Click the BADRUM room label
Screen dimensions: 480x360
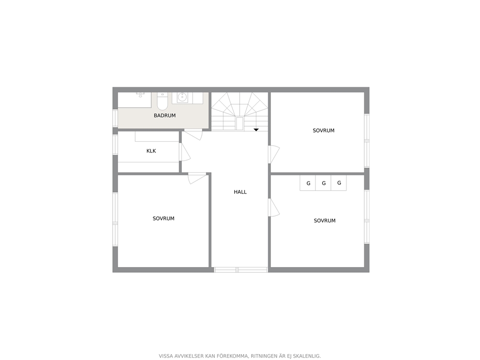pos(165,116)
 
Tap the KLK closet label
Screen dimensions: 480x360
pos(151,151)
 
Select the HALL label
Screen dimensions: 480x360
pos(240,192)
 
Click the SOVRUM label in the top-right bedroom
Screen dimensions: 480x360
pos(324,131)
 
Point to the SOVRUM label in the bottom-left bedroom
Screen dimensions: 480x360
pos(164,219)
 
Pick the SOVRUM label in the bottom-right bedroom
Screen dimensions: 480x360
pos(325,221)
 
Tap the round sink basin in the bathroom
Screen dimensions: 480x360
pos(182,98)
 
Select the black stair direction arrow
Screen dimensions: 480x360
pos(256,130)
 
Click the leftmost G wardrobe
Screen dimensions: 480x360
pos(308,183)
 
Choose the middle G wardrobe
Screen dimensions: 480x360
pos(323,183)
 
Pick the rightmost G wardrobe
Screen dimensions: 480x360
pos(339,183)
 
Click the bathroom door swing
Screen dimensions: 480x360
pos(193,135)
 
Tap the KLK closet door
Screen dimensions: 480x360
pos(185,152)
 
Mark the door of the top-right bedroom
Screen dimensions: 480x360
pos(274,154)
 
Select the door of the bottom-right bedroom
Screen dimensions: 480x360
pos(274,208)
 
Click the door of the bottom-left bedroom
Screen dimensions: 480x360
pos(197,178)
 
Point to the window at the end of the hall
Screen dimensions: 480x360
pos(240,270)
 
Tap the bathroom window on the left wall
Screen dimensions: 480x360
pos(115,118)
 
